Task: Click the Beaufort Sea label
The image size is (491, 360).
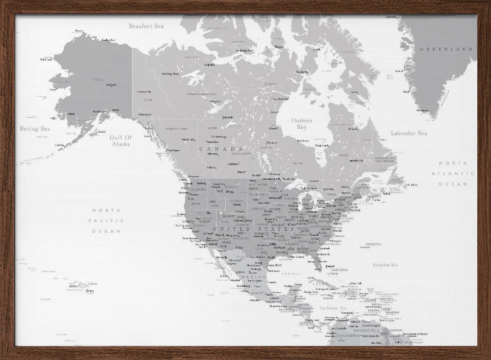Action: [x=146, y=26]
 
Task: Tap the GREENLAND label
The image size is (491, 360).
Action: [x=446, y=49]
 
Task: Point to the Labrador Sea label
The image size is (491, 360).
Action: [x=409, y=133]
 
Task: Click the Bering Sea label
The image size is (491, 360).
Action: [x=35, y=129]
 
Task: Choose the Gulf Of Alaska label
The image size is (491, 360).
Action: [x=121, y=141]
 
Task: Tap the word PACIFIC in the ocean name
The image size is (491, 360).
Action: [x=106, y=221]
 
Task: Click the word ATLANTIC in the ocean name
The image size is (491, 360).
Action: [x=453, y=173]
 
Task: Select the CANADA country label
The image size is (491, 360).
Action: [x=221, y=149]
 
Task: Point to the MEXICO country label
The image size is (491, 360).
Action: [x=254, y=277]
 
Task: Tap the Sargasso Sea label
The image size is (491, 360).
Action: [x=385, y=265]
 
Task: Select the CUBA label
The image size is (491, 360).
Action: [x=322, y=284]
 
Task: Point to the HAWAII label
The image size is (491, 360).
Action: [x=93, y=283]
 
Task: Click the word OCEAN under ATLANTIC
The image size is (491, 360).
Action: [x=453, y=184]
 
